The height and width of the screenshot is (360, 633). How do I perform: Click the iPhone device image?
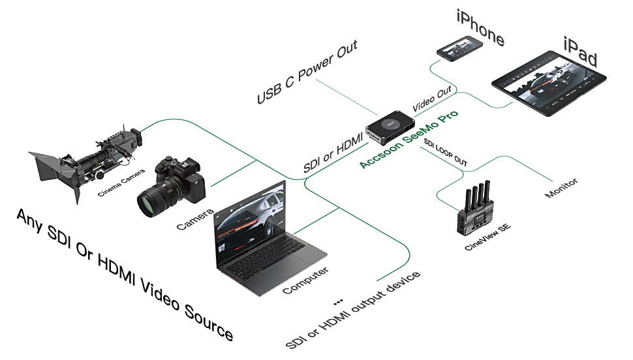pos(460,48)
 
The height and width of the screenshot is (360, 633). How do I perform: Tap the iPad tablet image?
pos(549,83)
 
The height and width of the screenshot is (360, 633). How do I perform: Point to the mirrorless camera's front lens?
pos(150,201)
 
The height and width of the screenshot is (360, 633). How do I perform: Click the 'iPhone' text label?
pos(480,27)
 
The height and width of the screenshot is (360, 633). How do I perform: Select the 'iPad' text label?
pos(580,52)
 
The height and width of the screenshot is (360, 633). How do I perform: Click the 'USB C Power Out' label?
pos(307,72)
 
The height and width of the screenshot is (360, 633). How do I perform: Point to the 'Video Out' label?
pos(431,99)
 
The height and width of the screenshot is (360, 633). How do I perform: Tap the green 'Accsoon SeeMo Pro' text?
pos(409,139)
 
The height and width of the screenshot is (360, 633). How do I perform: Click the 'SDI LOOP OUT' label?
pos(445,152)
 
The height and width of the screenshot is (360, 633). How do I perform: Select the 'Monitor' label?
pos(561,188)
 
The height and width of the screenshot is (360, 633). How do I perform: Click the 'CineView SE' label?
pos(487,237)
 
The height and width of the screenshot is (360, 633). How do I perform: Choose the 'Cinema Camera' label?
pos(121,183)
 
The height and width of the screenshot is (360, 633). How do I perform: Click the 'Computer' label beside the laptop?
pos(305,280)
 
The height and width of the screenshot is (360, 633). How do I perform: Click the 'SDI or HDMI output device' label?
pos(352,310)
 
